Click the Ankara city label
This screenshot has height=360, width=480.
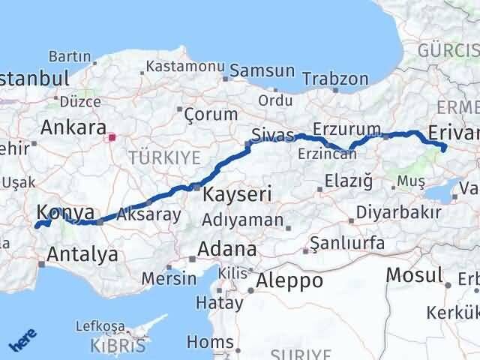72,126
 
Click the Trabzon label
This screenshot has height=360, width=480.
335,78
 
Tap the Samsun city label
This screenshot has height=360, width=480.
262,70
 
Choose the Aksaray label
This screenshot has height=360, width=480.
148,215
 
